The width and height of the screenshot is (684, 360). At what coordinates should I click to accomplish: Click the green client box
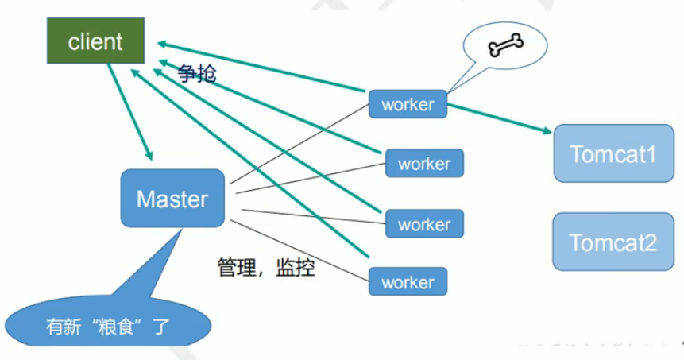95,41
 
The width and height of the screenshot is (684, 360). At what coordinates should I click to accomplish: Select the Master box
172,198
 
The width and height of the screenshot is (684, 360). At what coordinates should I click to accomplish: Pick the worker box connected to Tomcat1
408,104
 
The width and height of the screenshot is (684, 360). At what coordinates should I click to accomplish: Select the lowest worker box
408,281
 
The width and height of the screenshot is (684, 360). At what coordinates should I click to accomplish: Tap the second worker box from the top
424,164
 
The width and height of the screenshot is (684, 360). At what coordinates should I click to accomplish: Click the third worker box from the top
424,224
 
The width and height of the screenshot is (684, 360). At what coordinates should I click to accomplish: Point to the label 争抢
197,75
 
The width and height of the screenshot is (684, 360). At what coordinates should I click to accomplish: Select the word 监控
296,268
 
